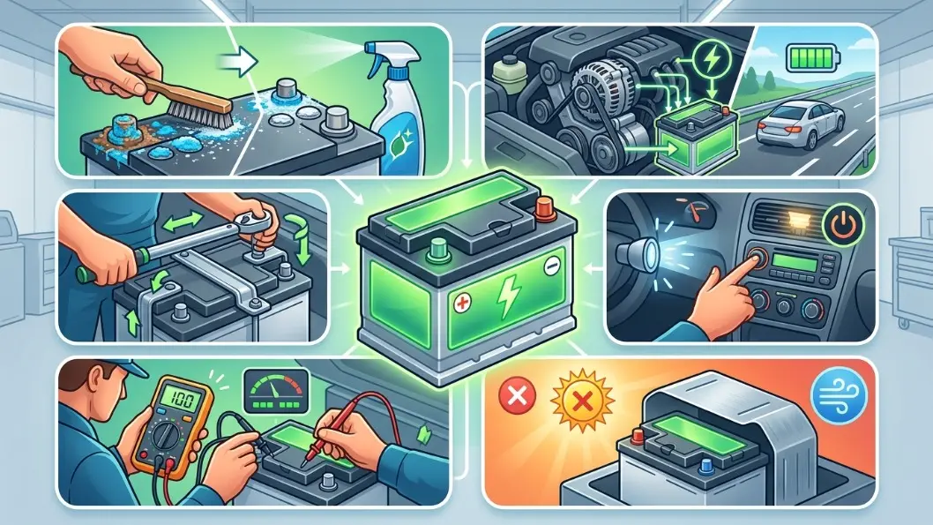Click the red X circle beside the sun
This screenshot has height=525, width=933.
coord(517,395)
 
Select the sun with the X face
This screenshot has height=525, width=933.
coord(583,400)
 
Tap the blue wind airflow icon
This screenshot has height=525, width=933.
coord(840,395)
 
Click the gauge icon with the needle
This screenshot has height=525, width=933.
coord(276,391)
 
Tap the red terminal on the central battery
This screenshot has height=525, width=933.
coord(544,207)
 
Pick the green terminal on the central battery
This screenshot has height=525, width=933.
coord(438,248)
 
